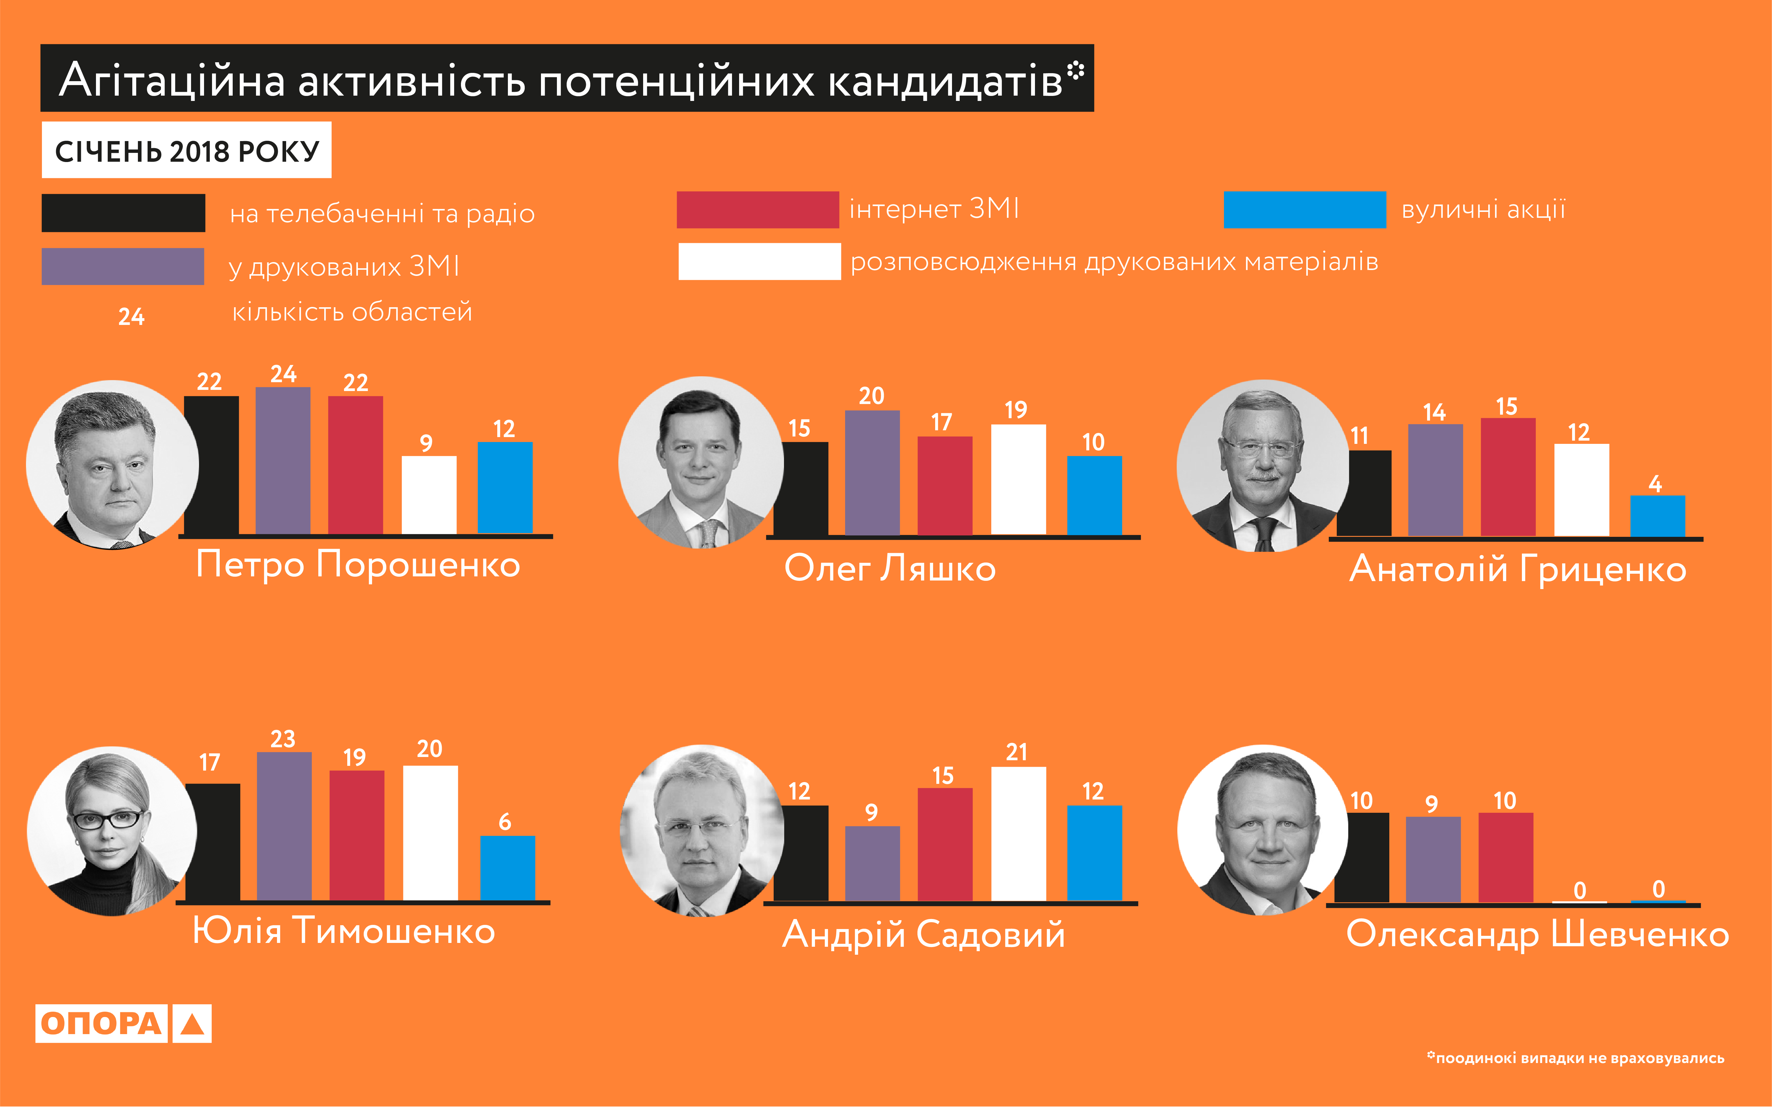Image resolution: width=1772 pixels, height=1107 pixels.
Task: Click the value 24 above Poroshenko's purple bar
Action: (x=283, y=374)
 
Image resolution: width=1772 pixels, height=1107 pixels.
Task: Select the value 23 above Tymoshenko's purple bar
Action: (x=283, y=739)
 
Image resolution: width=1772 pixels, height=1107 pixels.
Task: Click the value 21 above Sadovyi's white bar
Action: (x=1017, y=752)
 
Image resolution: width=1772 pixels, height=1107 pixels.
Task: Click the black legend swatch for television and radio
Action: (x=123, y=213)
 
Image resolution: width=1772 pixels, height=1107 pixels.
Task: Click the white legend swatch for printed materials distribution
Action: (x=759, y=261)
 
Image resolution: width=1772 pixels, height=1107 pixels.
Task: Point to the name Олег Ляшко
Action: (x=890, y=568)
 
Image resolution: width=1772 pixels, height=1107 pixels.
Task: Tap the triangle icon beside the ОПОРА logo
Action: (x=192, y=1023)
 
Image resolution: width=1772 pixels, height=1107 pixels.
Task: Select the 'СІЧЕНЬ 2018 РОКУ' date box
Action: (x=187, y=150)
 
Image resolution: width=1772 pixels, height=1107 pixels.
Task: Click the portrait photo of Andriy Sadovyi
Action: (x=701, y=831)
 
